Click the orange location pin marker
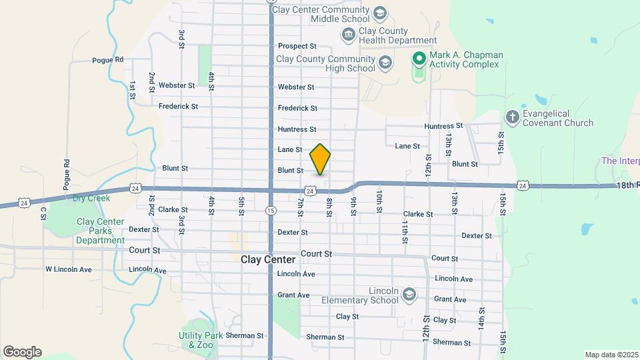point(321,159)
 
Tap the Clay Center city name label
point(268,259)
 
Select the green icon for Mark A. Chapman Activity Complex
point(419,59)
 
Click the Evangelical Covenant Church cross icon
point(512,117)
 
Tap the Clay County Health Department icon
point(348,35)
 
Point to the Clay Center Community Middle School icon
point(379,13)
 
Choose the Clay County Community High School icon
point(385,63)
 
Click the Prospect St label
point(297,47)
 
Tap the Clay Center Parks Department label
point(100,231)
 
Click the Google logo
point(22,352)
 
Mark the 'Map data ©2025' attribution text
point(611,355)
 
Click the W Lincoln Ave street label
point(69,269)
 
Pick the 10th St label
point(379,201)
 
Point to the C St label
point(43,213)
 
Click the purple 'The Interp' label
point(620,161)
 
